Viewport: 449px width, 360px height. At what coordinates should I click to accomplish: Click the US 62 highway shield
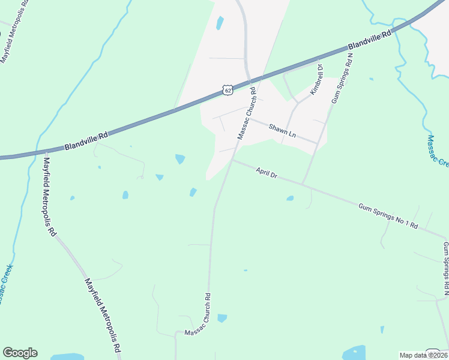tap(227, 89)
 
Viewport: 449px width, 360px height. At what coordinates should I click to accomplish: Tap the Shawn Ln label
tap(282, 131)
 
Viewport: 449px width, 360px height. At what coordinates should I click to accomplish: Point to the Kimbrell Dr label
tap(316, 80)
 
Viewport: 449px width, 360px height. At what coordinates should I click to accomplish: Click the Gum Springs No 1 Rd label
tap(388, 215)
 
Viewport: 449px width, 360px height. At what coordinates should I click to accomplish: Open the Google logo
tap(20, 353)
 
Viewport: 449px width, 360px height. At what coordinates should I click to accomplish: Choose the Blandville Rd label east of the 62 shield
tap(370, 39)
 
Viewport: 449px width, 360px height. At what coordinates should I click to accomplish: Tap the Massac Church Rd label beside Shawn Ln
tap(249, 113)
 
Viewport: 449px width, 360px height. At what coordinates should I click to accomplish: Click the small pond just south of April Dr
tap(290, 198)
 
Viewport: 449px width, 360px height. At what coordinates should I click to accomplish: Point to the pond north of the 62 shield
tap(220, 23)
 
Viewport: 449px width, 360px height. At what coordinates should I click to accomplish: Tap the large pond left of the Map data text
tap(354, 352)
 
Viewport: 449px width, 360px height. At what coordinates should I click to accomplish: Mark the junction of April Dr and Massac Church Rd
tap(232, 160)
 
